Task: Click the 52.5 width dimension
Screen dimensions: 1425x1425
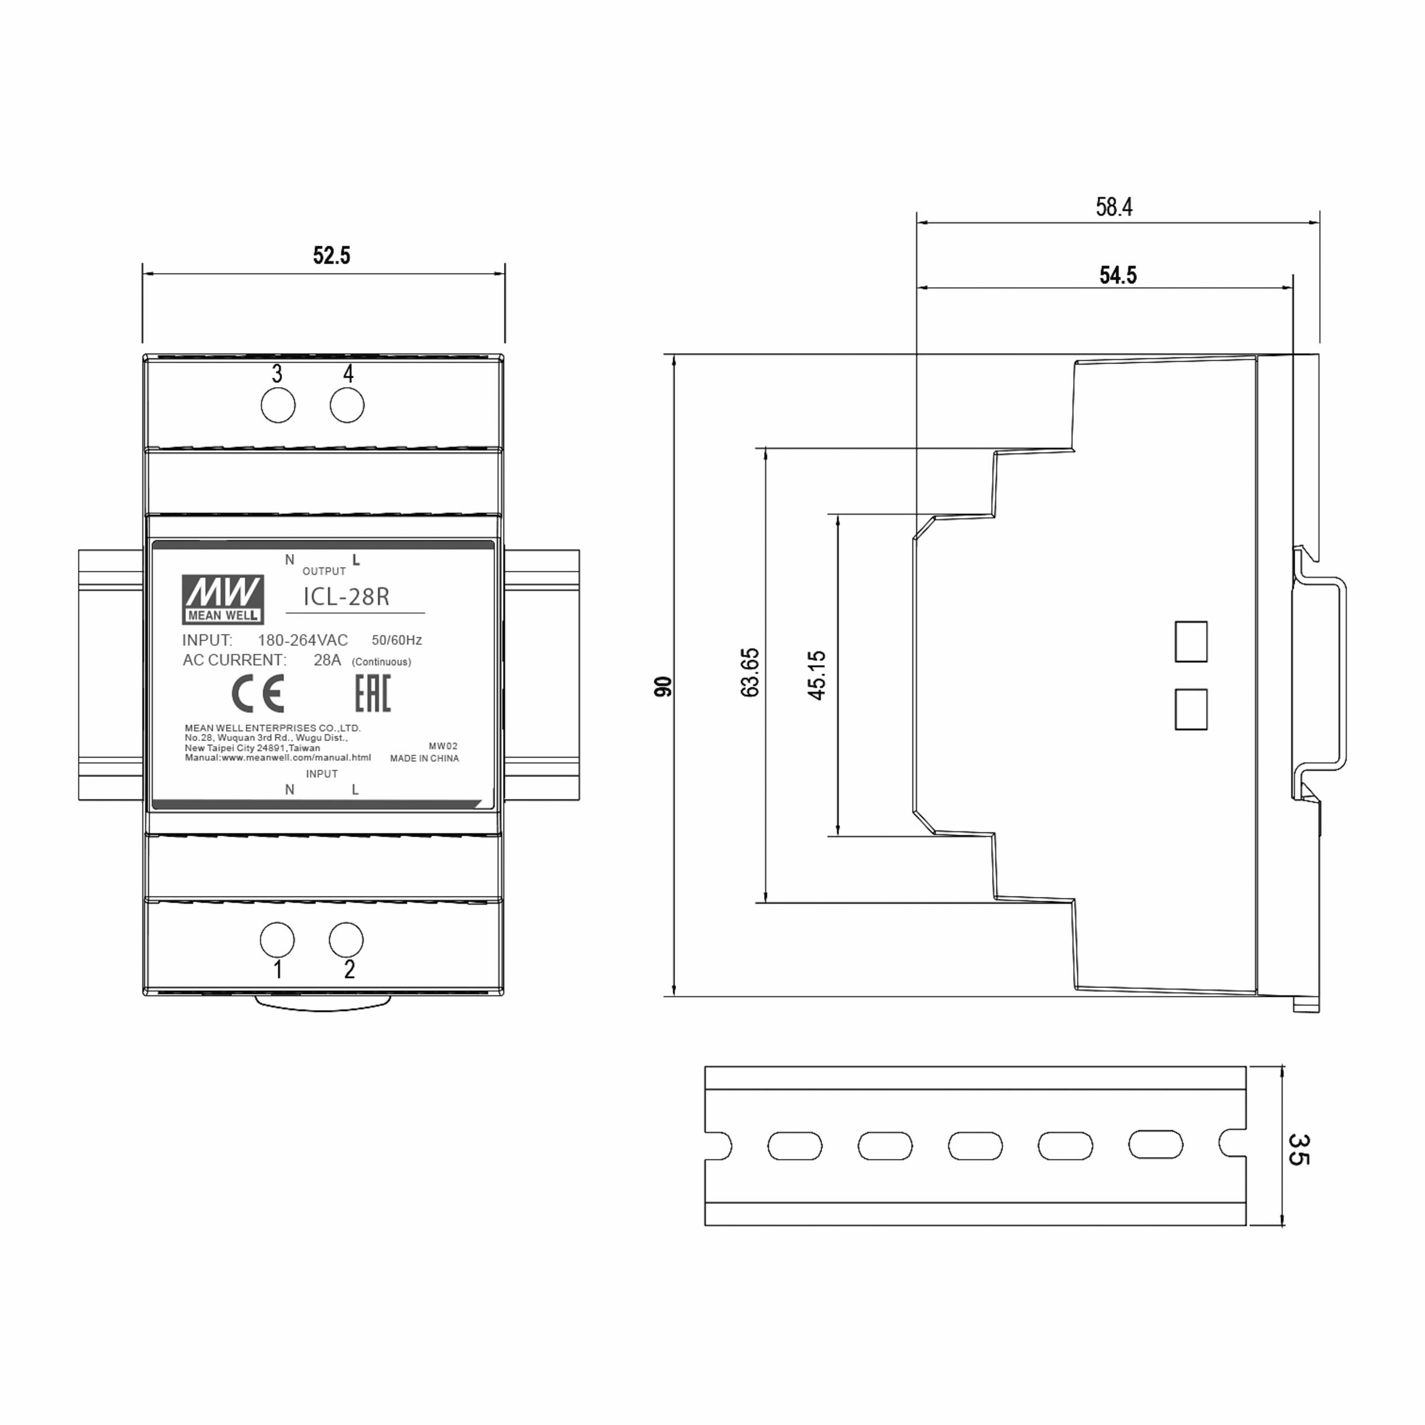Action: [x=331, y=255]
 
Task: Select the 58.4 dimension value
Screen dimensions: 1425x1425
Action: [x=1114, y=207]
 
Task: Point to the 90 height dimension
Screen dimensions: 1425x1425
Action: [x=663, y=686]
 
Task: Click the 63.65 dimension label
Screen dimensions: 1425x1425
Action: [x=749, y=672]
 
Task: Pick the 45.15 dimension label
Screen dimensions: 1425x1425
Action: [x=816, y=675]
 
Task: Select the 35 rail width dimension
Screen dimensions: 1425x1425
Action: [x=1297, y=1149]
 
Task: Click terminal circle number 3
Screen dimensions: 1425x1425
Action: [x=278, y=406]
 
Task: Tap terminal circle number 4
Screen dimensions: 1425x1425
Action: [x=347, y=406]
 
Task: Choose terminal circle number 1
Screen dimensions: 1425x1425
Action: [x=277, y=940]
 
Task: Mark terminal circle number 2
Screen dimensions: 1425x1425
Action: [x=346, y=940]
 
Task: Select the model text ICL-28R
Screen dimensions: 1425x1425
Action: [x=346, y=597]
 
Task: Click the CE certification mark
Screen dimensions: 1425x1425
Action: [x=258, y=693]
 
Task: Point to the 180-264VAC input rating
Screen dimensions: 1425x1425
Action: [x=302, y=640]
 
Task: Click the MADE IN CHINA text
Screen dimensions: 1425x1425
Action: [x=424, y=758]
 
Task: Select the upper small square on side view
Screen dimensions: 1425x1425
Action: [x=1190, y=641]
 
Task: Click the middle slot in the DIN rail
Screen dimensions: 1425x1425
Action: [x=975, y=1145]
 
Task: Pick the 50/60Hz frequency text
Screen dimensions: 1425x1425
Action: [x=397, y=640]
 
